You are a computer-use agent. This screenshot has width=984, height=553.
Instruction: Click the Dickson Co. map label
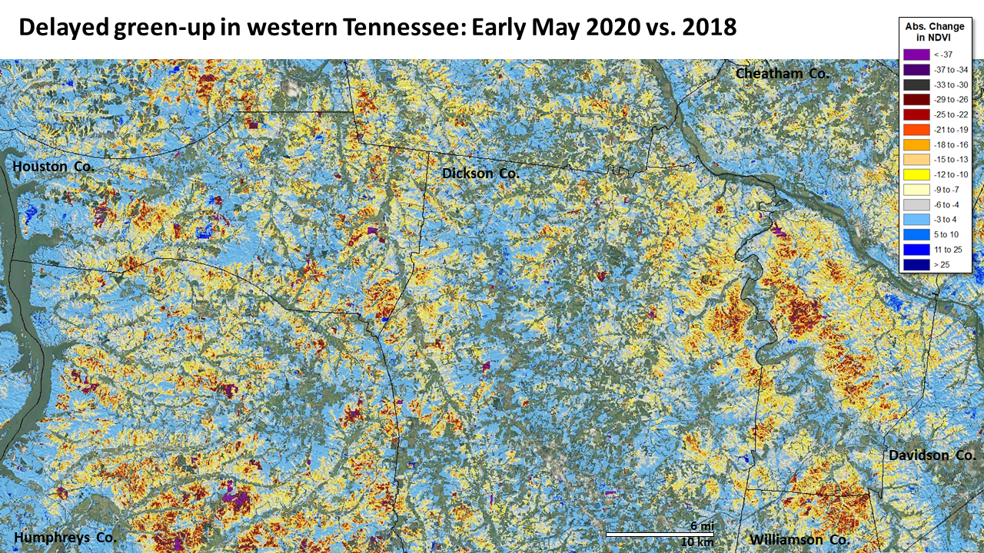click(480, 174)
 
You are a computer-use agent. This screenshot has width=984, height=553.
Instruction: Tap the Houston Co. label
click(53, 166)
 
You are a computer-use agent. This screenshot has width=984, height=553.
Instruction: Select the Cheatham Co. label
click(782, 74)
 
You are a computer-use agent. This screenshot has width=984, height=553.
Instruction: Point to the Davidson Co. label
click(932, 455)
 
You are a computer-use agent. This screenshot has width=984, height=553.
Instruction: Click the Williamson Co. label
click(799, 539)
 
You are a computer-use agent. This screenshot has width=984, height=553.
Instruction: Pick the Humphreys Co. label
click(65, 537)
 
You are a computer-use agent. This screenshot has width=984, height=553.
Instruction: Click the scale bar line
click(660, 534)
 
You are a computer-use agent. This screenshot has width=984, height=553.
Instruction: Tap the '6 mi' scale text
click(701, 525)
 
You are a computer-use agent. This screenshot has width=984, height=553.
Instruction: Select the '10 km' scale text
click(698, 543)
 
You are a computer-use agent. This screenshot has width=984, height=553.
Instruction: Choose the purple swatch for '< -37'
click(916, 55)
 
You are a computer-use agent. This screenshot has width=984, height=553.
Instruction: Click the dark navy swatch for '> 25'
click(916, 264)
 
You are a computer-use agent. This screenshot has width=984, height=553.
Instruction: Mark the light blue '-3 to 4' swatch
click(916, 220)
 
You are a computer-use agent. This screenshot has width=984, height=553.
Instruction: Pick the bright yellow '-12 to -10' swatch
click(916, 174)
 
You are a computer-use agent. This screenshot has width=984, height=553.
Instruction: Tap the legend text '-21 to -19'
click(951, 130)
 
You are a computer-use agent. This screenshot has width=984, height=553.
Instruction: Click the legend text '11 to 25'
click(948, 250)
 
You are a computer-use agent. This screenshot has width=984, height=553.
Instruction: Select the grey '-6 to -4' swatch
click(916, 204)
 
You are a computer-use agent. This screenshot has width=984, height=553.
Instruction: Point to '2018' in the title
click(710, 28)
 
